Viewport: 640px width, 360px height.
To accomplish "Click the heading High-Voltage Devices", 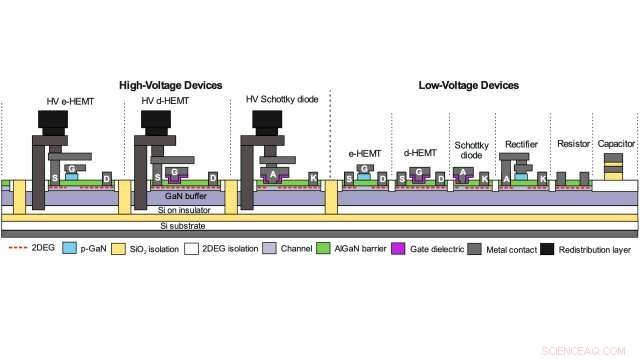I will click(170, 86).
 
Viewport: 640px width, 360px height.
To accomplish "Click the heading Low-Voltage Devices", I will click(468, 86).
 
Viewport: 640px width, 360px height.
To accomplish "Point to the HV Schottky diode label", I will click(281, 100).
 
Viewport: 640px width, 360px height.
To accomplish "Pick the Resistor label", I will click(572, 145).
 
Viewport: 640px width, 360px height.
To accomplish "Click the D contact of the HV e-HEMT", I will click(107, 178).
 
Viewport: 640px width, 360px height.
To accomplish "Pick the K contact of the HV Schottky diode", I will click(313, 178).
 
